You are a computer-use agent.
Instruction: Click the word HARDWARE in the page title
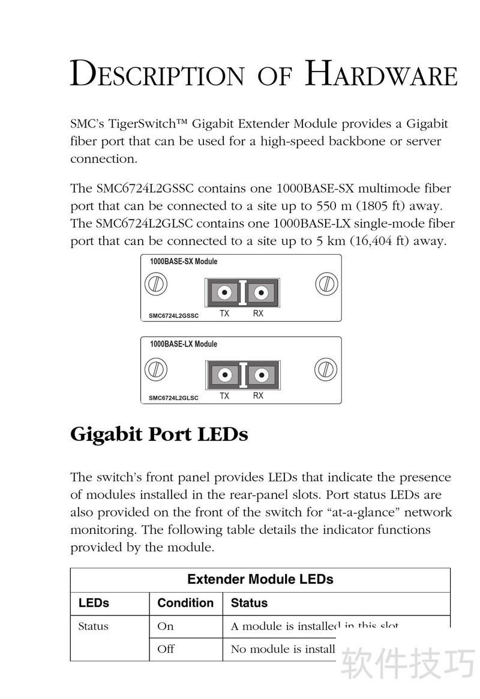pyautogui.click(x=381, y=74)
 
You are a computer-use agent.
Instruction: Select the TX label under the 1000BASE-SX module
pyautogui.click(x=224, y=313)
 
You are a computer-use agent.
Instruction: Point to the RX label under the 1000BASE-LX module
pyautogui.click(x=258, y=396)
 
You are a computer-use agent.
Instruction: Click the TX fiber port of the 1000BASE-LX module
pyautogui.click(x=224, y=375)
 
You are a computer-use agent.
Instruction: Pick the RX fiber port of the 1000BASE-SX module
pyautogui.click(x=260, y=293)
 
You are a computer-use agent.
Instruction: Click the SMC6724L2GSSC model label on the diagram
pyautogui.click(x=173, y=315)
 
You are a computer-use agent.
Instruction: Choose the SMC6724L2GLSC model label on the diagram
pyautogui.click(x=173, y=398)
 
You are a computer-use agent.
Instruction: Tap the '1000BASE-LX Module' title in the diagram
pyautogui.click(x=183, y=344)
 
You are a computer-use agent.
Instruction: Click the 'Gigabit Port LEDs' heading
pyautogui.click(x=159, y=434)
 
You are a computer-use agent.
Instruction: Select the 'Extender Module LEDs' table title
pyautogui.click(x=260, y=579)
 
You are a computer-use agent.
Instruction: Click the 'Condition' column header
pyautogui.click(x=185, y=603)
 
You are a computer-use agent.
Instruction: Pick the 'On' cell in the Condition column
pyautogui.click(x=165, y=626)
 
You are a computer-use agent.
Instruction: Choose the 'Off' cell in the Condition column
pyautogui.click(x=166, y=649)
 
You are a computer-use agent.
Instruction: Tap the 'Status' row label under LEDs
pyautogui.click(x=93, y=626)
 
